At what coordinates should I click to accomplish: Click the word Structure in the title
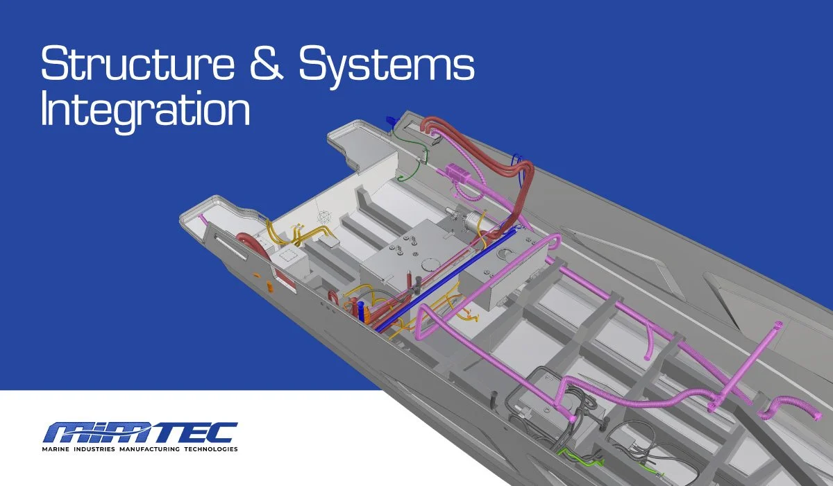click(x=138, y=63)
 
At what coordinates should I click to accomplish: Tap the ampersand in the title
click(x=267, y=63)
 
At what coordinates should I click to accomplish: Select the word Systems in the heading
click(x=387, y=67)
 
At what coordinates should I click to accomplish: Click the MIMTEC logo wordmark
click(x=140, y=433)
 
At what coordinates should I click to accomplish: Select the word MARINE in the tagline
click(x=56, y=449)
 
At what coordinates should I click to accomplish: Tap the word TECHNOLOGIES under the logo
click(x=211, y=449)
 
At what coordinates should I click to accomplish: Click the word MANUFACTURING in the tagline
click(x=149, y=449)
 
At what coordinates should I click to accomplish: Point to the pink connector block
click(x=458, y=172)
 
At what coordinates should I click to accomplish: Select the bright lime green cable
click(x=580, y=457)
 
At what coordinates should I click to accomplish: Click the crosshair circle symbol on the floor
click(x=324, y=217)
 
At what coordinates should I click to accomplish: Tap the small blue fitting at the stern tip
click(x=389, y=119)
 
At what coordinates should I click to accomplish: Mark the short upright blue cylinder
click(x=360, y=310)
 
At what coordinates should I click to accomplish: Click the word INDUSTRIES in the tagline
click(x=94, y=449)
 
